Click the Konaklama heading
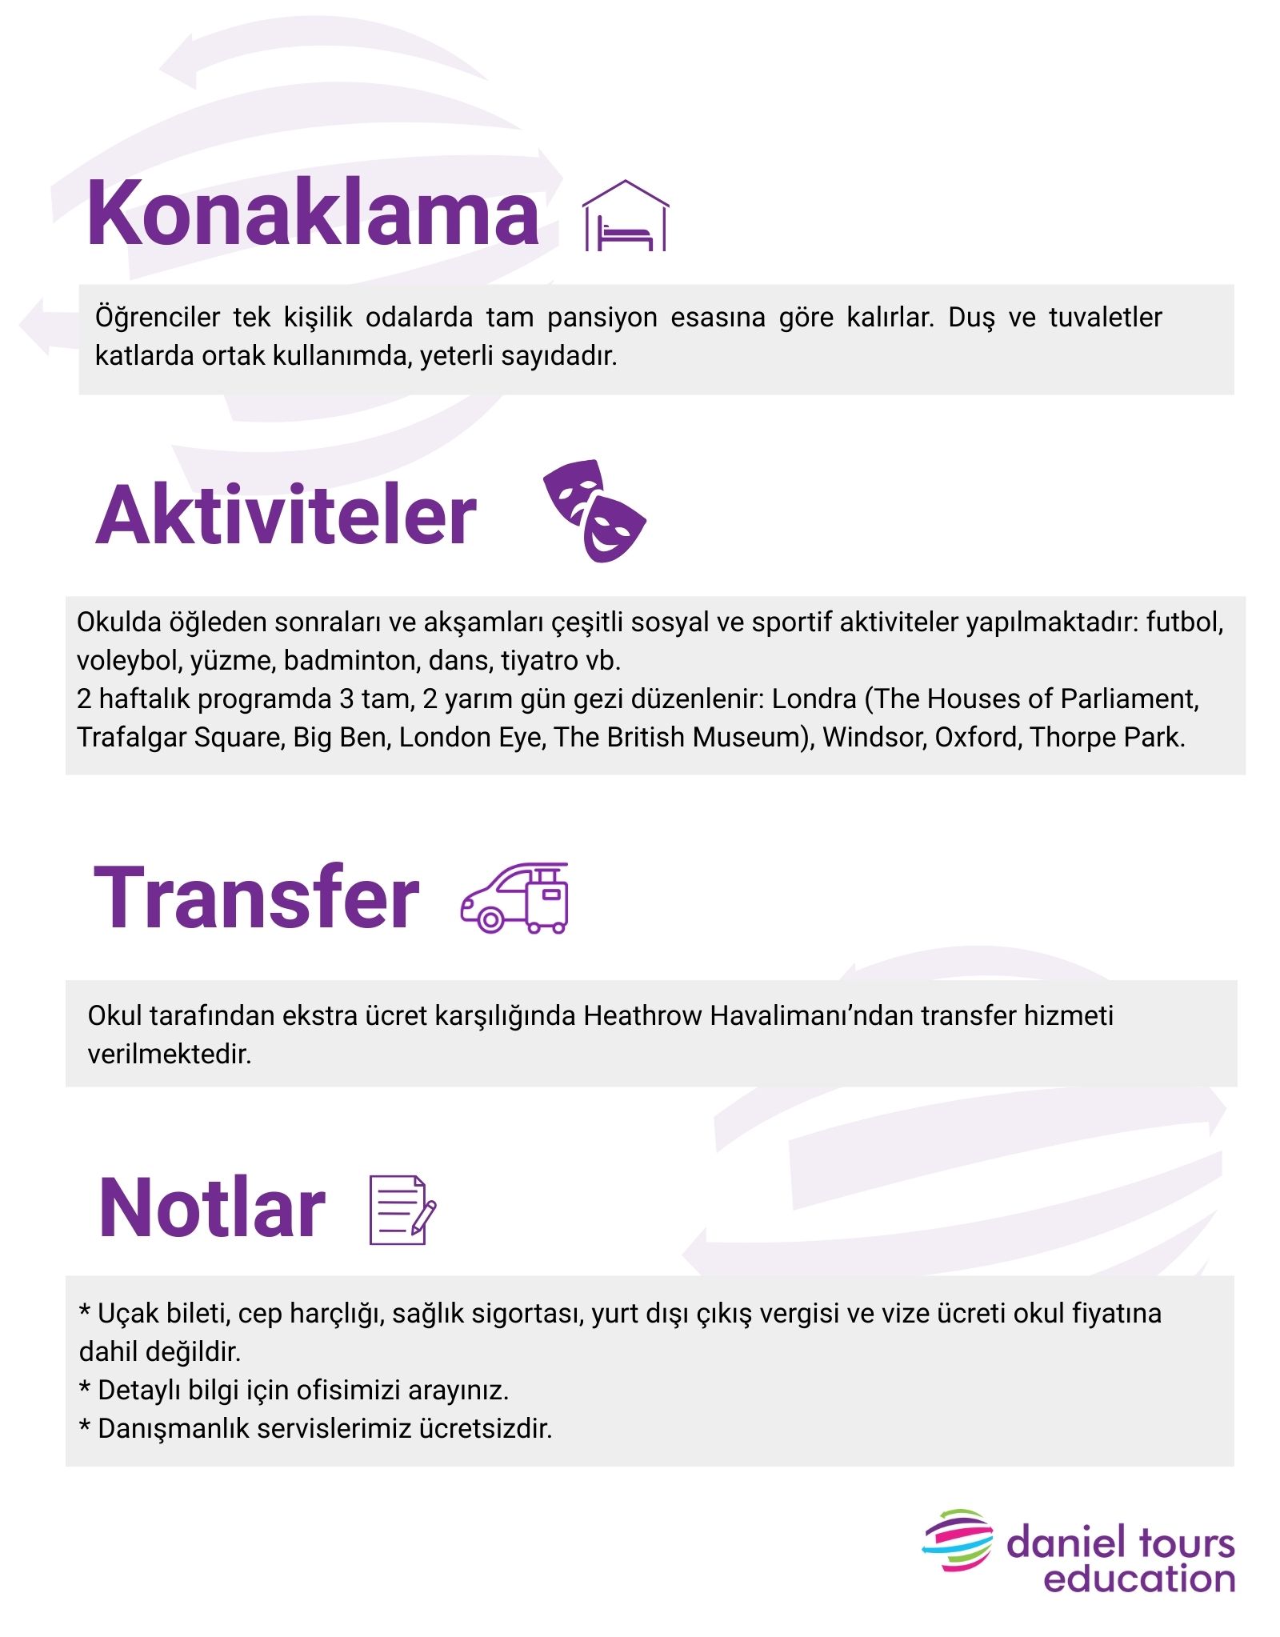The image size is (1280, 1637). (x=313, y=213)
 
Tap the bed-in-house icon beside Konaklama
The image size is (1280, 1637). (x=626, y=217)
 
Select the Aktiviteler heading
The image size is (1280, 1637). (x=286, y=515)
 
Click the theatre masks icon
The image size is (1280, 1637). (x=594, y=510)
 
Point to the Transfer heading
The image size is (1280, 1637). (x=256, y=898)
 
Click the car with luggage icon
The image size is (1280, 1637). (x=514, y=898)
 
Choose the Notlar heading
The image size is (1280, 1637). (x=212, y=1208)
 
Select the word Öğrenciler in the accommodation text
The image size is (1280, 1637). (x=158, y=318)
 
